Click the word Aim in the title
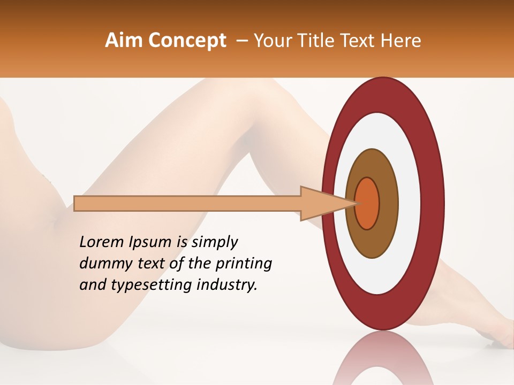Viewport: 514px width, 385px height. click(x=123, y=41)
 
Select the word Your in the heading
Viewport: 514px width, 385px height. click(x=270, y=41)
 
